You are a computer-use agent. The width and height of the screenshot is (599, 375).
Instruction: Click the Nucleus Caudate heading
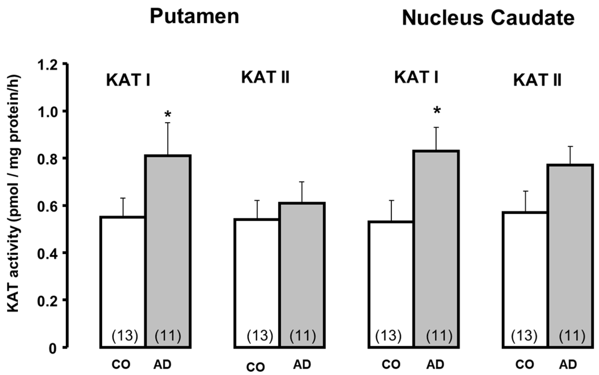(488, 18)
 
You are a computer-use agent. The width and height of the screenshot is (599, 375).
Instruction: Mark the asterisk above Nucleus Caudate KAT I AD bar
(437, 110)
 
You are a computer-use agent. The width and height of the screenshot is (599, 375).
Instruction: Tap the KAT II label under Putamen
(265, 77)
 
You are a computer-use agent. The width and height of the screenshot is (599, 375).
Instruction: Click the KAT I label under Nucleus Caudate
(416, 77)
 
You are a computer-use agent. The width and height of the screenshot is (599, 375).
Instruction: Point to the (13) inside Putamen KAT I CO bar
(125, 336)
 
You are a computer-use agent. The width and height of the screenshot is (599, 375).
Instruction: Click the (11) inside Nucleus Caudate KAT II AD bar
(572, 336)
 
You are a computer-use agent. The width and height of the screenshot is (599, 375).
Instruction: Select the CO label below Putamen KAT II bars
(255, 367)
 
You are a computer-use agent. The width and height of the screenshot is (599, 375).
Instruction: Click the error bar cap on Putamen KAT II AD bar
(302, 182)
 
